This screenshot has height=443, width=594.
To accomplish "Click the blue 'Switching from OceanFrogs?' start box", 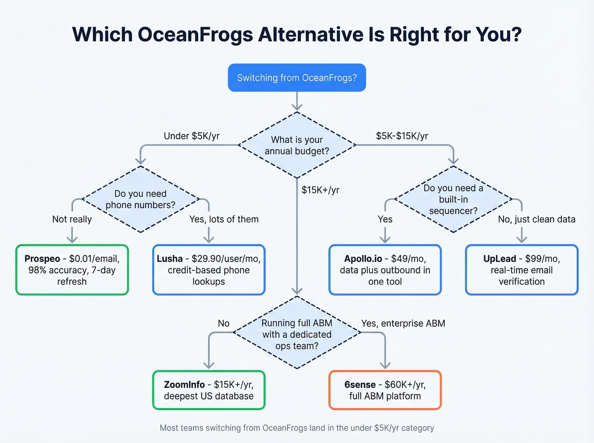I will coord(297,78).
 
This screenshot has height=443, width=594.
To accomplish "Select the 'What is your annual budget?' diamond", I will coord(297,145).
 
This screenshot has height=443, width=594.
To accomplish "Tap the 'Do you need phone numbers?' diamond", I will coord(140,199).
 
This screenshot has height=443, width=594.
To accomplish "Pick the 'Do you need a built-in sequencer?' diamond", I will coord(453,199).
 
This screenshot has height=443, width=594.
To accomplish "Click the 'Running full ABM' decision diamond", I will coord(297,334).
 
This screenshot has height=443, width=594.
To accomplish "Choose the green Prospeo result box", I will coord(72,270).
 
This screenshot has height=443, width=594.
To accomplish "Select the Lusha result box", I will coord(209,270).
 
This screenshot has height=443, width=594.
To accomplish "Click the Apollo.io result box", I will coord(385,270).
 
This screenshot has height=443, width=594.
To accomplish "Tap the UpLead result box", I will coord(521,270).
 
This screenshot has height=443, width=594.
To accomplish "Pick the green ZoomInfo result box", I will coord(209,390).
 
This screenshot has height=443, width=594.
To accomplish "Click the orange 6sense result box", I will coord(385,390).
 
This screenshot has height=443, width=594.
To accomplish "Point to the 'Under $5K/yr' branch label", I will coord(191,136).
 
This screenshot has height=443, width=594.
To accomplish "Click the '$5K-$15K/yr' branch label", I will coord(402,136).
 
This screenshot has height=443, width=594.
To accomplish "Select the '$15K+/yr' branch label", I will coord(320,190).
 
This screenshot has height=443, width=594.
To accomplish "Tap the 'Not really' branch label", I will coord(72,219).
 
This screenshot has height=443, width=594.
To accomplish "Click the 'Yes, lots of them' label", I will coord(224,219).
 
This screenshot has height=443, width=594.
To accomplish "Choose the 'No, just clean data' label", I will coord(536,219).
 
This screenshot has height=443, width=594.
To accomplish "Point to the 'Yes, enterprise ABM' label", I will coord(403,323).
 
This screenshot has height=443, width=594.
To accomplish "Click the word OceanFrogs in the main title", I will coord(195,35).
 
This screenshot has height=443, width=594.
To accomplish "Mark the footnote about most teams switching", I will coord(297,428).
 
